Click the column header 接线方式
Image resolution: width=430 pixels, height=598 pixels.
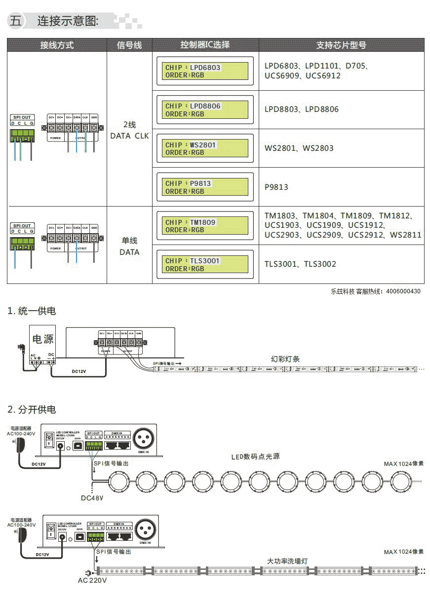(57, 45)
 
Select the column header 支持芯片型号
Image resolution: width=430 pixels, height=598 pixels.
(341, 45)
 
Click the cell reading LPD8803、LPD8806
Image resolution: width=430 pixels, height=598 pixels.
(301, 109)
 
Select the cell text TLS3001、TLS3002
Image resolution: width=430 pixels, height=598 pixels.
(300, 264)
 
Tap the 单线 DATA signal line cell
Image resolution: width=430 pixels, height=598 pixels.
(129, 246)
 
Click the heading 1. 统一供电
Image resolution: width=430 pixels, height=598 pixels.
(32, 311)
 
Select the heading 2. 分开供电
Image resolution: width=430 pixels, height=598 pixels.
(32, 410)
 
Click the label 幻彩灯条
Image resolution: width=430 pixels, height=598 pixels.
(285, 359)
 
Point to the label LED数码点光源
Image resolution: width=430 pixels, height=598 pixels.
(255, 457)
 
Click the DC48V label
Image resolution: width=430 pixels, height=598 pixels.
(92, 498)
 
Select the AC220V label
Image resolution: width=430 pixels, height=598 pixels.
(92, 580)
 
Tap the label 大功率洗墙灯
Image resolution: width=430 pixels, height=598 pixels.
(287, 562)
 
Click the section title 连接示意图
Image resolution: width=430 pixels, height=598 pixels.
(68, 21)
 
